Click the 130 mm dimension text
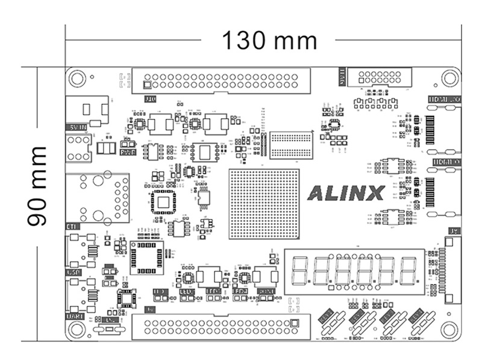coord(269,40)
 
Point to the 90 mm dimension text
coord(37,185)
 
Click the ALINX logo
coord(346,193)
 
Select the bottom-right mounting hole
coord(449,329)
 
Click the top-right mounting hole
coord(449,78)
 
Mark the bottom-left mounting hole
coord(77,329)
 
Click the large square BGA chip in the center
coord(264,204)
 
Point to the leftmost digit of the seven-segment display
coord(299,270)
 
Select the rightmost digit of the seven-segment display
coord(409,270)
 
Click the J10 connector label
coord(149,99)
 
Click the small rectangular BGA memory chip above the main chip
coord(292,144)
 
